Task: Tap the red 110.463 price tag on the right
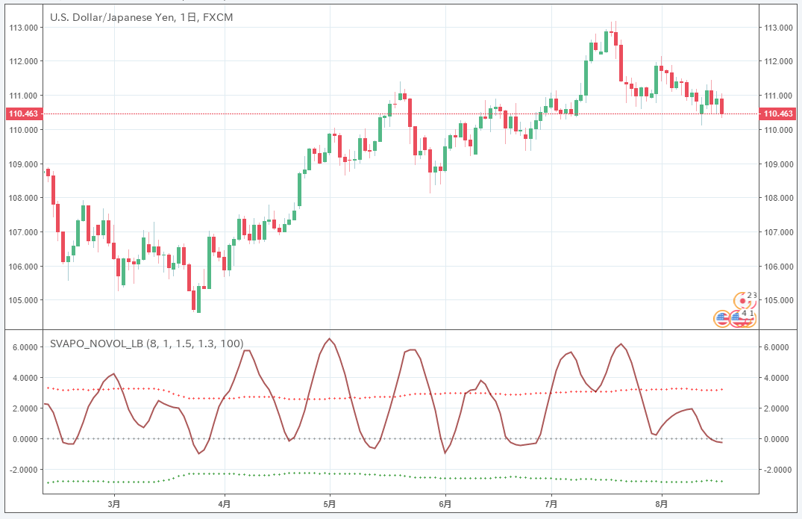(777, 114)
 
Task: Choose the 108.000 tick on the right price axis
(777, 198)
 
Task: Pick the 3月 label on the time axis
(114, 503)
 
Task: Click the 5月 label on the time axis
(330, 503)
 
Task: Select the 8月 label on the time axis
(660, 503)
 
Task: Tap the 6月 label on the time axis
(445, 503)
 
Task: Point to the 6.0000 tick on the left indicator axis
(24, 347)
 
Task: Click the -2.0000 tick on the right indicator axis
(776, 470)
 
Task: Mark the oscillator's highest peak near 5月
(330, 339)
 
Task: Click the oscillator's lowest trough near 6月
(445, 453)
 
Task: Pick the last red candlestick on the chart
(722, 106)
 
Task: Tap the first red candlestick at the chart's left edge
(48, 173)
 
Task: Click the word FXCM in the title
(217, 17)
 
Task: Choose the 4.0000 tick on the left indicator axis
(24, 378)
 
